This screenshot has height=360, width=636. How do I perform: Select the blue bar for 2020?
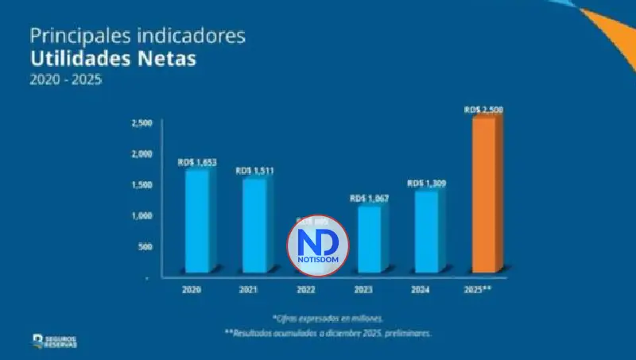pyautogui.click(x=196, y=223)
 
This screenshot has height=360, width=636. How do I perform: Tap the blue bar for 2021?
pyautogui.click(x=254, y=227)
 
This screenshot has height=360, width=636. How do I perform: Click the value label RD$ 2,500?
pyautogui.click(x=483, y=110)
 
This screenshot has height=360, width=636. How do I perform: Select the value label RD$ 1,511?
pyautogui.click(x=254, y=171)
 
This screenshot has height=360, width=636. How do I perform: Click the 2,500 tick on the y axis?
pyautogui.click(x=141, y=124)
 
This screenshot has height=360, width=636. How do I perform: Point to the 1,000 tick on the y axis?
pyautogui.click(x=141, y=215)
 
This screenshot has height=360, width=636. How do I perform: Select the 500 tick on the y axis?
pyautogui.click(x=144, y=246)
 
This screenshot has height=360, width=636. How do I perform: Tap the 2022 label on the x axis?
pyautogui.click(x=306, y=289)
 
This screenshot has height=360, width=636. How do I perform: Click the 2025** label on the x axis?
pyautogui.click(x=479, y=289)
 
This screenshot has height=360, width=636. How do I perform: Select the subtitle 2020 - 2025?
pyautogui.click(x=67, y=80)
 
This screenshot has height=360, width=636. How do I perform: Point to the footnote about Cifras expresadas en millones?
pyautogui.click(x=327, y=317)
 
